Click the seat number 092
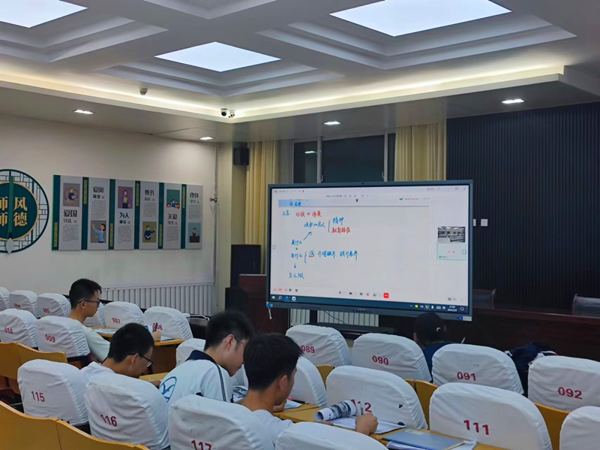[570, 392]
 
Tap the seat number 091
[466, 376]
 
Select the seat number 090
[380, 360]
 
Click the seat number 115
[37, 396]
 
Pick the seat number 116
[109, 420]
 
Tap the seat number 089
[308, 349]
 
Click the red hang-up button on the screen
[385, 295]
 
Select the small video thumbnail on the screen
[451, 234]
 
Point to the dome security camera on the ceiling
[223, 113]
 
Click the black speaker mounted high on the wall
[241, 156]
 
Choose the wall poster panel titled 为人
[124, 214]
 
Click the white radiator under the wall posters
[161, 296]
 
